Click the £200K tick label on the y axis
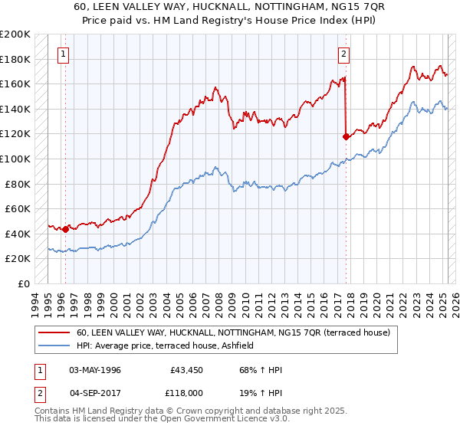click(x=15, y=34)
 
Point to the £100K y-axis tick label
click(x=15, y=159)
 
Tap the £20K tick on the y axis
click(x=18, y=259)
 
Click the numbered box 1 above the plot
click(x=61, y=54)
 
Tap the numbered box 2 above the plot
click(x=344, y=54)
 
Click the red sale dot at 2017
click(x=346, y=136)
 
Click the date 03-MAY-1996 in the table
click(x=95, y=369)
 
